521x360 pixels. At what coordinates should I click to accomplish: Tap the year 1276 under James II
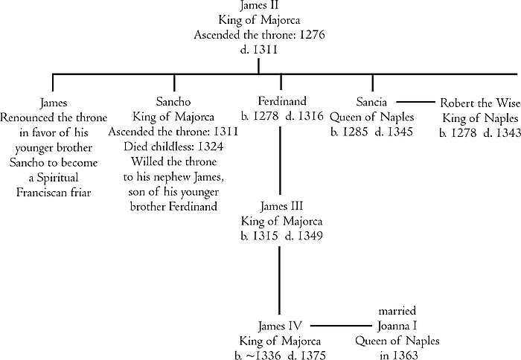point(311,35)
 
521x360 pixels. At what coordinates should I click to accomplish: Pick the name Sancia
point(371,102)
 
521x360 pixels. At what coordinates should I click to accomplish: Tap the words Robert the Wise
point(479,103)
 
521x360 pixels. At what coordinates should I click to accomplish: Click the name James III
point(279,206)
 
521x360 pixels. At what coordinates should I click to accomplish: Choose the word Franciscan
point(54,191)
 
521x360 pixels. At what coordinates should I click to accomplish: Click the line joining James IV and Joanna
point(339,325)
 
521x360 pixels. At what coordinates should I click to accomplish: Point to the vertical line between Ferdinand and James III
point(280,160)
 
